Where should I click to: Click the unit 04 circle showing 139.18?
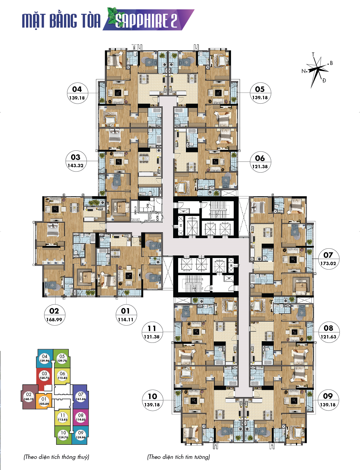(77, 93)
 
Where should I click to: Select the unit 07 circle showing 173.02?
(328, 259)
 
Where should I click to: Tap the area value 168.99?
(54, 320)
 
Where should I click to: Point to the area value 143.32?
(75, 166)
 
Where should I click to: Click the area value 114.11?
(126, 320)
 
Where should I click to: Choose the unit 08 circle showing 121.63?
(328, 332)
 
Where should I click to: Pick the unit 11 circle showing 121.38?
(152, 332)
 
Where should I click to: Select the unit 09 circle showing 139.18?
(328, 400)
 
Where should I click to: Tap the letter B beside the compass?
(331, 63)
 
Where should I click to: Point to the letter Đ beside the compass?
(324, 80)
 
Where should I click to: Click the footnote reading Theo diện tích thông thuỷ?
(56, 457)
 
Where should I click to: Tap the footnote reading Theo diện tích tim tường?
(178, 457)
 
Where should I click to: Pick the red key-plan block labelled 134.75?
(44, 376)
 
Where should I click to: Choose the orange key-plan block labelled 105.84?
(44, 401)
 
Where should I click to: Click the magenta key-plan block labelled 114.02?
(81, 417)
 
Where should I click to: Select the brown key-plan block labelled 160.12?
(29, 397)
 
